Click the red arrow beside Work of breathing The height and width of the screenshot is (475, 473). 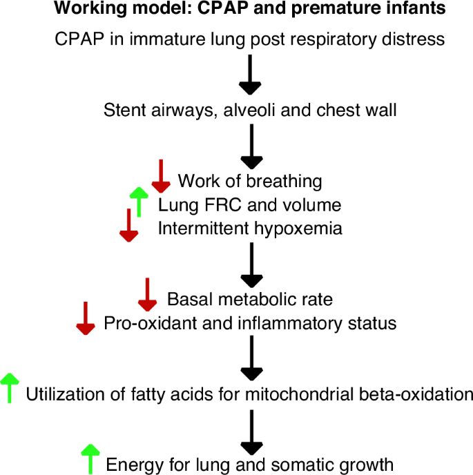click(160, 176)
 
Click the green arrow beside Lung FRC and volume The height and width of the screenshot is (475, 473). click(139, 202)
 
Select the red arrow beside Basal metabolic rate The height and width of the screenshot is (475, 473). click(148, 295)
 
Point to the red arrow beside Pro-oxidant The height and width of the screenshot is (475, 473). click(85, 318)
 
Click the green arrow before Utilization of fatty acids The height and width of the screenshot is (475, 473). click(9, 388)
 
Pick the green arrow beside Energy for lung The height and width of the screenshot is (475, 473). click(89, 459)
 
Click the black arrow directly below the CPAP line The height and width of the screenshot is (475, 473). click(249, 75)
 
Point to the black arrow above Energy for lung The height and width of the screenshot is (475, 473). click(249, 429)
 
